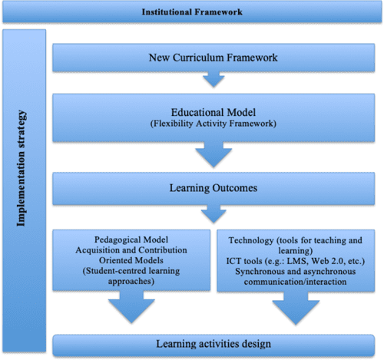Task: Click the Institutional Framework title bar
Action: (191, 12)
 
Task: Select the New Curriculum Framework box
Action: (212, 58)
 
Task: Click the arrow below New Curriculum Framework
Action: (212, 81)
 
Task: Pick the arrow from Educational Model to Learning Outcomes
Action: (212, 154)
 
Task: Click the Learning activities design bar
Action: (212, 345)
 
